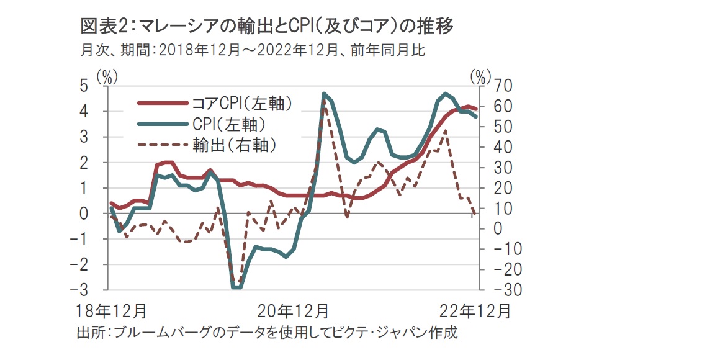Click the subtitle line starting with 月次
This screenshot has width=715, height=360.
click(x=252, y=50)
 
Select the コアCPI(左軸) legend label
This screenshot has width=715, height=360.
click(x=241, y=103)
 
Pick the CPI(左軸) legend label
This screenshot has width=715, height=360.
click(x=229, y=124)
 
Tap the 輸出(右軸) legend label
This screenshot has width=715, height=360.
click(x=233, y=145)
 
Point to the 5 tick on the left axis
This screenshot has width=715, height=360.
click(x=91, y=86)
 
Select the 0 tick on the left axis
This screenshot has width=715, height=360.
click(x=91, y=214)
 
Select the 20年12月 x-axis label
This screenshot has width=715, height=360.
click(x=294, y=310)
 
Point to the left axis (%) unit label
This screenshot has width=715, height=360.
click(x=107, y=76)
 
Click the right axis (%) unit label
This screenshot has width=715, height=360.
click(x=480, y=76)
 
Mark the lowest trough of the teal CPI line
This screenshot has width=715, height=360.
click(x=236, y=287)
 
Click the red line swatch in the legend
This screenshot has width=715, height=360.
click(x=161, y=103)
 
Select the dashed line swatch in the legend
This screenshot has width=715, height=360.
click(x=161, y=145)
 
